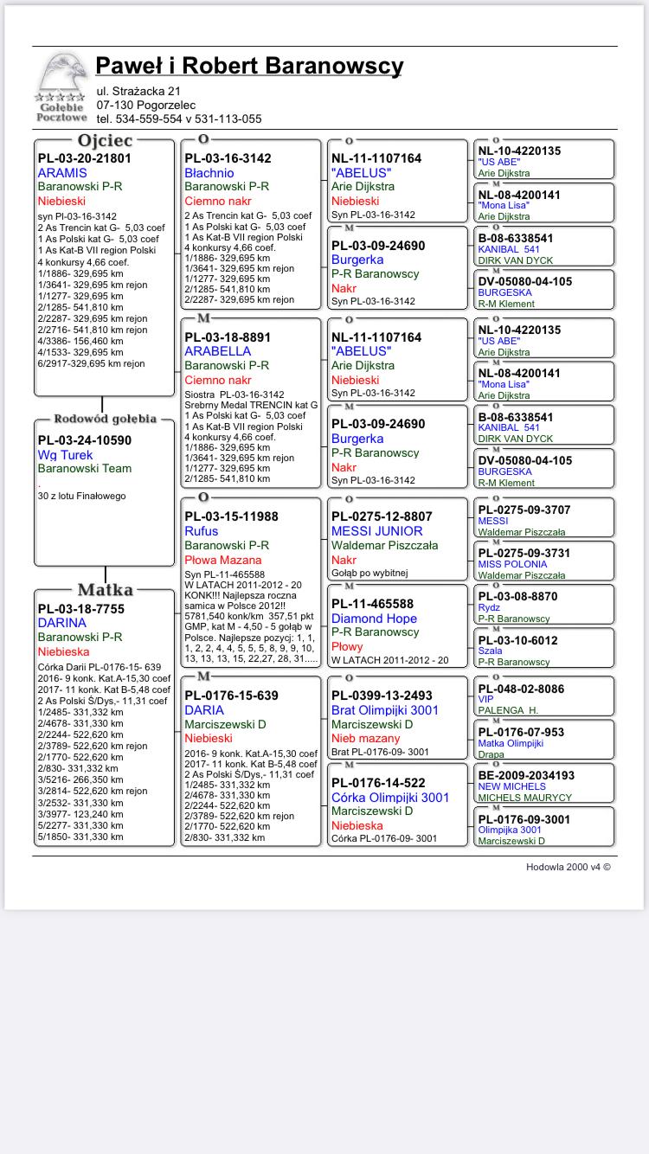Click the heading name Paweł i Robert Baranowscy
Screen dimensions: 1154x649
249,66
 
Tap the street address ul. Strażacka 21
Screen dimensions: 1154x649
138,91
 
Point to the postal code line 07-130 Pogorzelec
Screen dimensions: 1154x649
146,105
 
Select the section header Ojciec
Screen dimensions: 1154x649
105,140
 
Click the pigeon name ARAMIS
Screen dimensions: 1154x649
62,173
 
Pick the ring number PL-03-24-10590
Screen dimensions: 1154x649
85,440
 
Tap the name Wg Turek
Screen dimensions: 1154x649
65,455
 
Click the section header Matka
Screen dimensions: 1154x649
105,590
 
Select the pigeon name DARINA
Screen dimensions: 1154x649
62,623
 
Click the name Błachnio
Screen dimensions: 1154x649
209,173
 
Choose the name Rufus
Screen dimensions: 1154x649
202,531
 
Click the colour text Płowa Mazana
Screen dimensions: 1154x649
223,560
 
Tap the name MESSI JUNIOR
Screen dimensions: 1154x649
377,531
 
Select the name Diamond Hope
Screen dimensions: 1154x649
374,619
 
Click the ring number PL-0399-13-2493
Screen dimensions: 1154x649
382,696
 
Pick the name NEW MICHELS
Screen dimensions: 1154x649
512,786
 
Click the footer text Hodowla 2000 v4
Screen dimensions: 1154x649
568,867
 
